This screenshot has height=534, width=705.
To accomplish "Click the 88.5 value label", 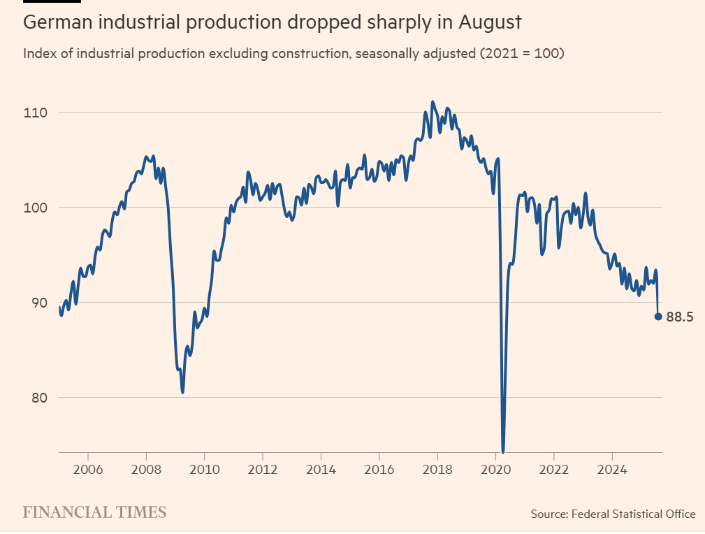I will pyautogui.click(x=679, y=317).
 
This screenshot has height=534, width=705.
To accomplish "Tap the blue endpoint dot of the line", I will pyautogui.click(x=658, y=317).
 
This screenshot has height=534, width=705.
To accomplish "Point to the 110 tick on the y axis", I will pyautogui.click(x=35, y=113).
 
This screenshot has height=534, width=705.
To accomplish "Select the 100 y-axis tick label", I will pyautogui.click(x=35, y=208).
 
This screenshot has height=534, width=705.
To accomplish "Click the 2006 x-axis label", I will pyautogui.click(x=88, y=468).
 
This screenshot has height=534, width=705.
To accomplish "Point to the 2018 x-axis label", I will pyautogui.click(x=437, y=468).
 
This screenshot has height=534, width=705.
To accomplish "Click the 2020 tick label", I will pyautogui.click(x=495, y=468).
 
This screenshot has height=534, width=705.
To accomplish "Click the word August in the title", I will pyautogui.click(x=490, y=22).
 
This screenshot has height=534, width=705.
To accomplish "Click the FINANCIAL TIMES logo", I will pyautogui.click(x=95, y=512).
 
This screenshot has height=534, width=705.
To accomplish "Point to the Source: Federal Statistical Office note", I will pyautogui.click(x=613, y=514).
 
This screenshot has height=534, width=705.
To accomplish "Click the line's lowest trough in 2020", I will pyautogui.click(x=503, y=451).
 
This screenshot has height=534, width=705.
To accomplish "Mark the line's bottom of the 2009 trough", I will pyautogui.click(x=182, y=391).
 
